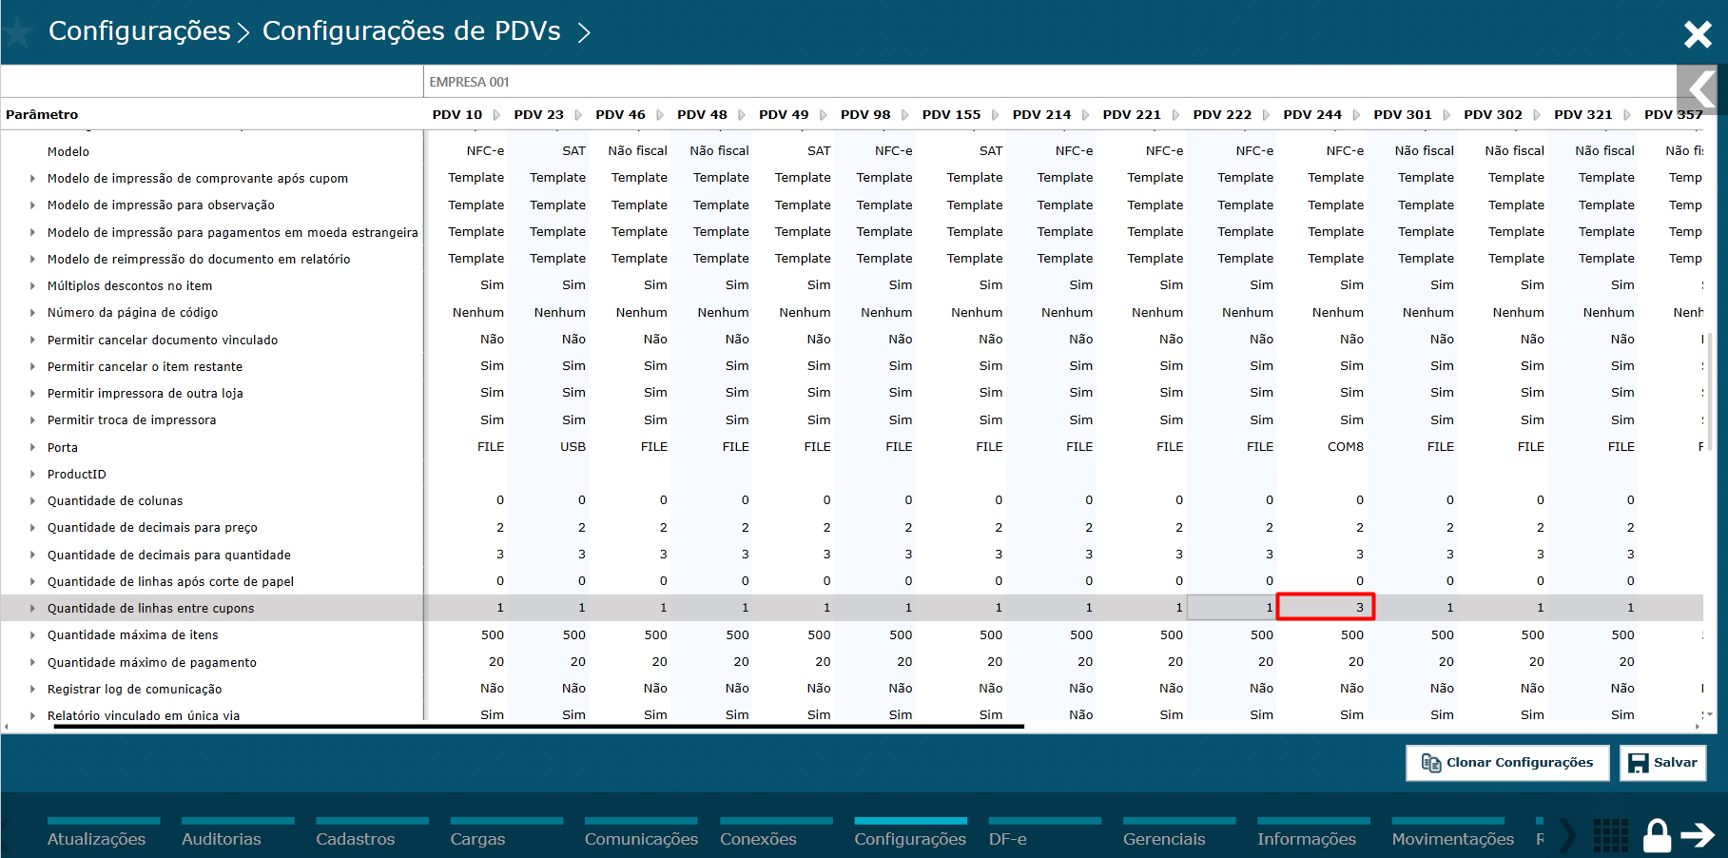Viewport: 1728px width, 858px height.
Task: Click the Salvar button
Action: click(1662, 763)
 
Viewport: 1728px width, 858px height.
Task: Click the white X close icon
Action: click(1698, 34)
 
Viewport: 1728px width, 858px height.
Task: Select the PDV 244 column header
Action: click(1311, 114)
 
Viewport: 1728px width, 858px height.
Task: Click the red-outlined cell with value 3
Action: click(1325, 607)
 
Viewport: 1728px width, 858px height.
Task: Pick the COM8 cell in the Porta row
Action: click(1345, 446)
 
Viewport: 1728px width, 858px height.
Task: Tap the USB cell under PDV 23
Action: click(573, 446)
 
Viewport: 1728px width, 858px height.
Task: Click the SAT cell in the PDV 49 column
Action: click(818, 150)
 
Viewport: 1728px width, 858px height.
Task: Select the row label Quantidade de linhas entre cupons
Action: click(151, 608)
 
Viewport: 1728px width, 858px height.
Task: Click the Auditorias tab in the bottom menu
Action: click(221, 839)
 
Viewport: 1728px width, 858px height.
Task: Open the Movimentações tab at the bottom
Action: click(1452, 839)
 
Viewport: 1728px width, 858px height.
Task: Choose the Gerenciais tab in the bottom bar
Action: click(1163, 839)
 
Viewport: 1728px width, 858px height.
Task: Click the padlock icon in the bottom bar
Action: click(1657, 836)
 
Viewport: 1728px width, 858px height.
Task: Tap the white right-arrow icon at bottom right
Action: click(1698, 835)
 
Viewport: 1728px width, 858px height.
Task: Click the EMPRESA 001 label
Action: click(469, 82)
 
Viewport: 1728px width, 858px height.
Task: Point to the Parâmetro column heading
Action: click(42, 114)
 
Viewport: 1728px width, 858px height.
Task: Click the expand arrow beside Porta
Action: click(32, 447)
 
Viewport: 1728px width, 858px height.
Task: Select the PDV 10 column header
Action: click(456, 114)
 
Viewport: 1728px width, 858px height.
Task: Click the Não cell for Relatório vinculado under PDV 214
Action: click(1080, 714)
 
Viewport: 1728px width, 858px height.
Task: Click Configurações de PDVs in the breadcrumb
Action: click(411, 31)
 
